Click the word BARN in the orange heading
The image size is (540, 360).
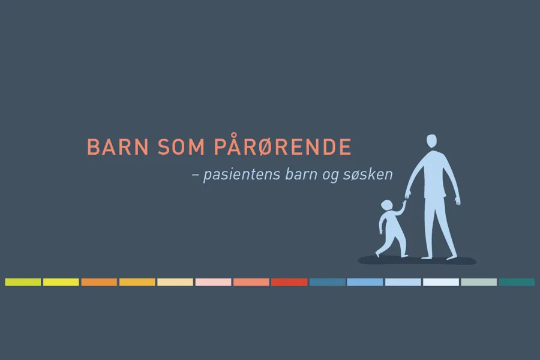118,147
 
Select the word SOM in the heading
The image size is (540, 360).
181,147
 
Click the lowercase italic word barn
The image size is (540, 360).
301,174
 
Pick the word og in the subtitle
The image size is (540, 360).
330,176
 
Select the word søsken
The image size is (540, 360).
368,174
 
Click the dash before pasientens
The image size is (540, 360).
195,175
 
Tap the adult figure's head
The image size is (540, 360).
431,141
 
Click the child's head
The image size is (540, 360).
387,205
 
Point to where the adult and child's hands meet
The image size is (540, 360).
406,199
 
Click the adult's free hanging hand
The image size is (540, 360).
457,201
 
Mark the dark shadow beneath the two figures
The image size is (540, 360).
417,260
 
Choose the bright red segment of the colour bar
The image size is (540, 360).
289,282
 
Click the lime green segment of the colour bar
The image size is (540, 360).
23,282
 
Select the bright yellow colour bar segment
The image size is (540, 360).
61,282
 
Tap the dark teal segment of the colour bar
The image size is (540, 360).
517,282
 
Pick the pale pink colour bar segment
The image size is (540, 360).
213,282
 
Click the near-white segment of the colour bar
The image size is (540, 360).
441,282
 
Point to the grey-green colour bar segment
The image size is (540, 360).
479,282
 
